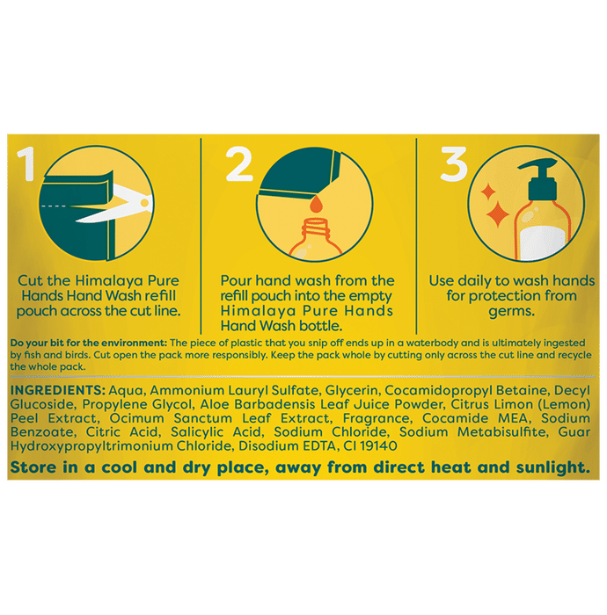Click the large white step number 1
26,164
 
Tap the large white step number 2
239,164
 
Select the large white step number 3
454,164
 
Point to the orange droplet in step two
316,205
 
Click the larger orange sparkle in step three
497,214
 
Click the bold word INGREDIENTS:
58,390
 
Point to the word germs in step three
511,312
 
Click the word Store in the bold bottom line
33,467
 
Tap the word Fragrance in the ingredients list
377,418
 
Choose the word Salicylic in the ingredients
196,432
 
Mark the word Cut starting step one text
30,281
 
